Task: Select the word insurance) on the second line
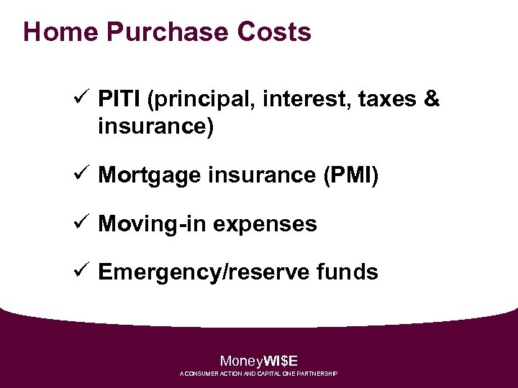(155, 127)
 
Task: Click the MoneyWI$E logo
(259, 361)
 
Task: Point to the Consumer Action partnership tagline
(259, 374)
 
